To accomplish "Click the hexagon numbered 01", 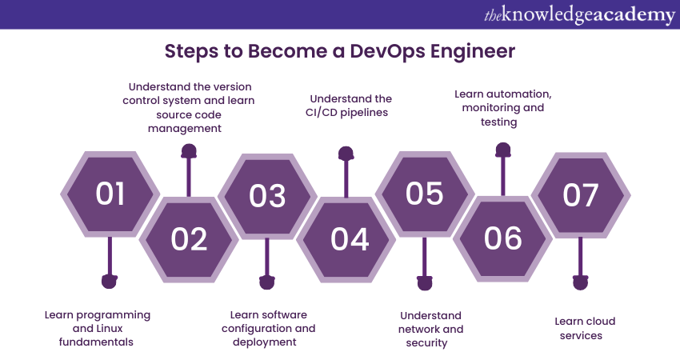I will coord(110,194).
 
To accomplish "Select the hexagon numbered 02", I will coord(189,238).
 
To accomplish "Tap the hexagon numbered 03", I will coord(267,194).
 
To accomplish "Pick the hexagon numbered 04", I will coord(346,238).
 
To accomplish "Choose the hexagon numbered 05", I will coord(424,194).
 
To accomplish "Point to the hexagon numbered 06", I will coord(502,238).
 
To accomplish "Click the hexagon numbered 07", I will coord(581,194).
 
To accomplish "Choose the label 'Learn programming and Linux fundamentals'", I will coord(97,328).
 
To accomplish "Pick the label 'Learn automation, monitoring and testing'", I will coord(503,108).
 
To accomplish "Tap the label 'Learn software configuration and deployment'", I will coord(268,328).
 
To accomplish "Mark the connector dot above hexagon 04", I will coord(346,152).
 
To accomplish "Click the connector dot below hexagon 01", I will coord(110,281).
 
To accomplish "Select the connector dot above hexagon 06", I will coord(502,150).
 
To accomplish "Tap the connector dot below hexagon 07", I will coord(580,282).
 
